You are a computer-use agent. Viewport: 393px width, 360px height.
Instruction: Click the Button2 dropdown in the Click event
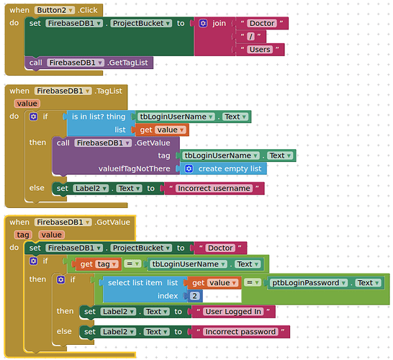coord(55,10)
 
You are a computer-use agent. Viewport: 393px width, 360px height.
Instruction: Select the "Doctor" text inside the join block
coord(262,23)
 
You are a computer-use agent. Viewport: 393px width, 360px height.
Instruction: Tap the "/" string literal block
coord(250,37)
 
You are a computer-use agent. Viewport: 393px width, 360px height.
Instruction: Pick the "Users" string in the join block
coord(260,50)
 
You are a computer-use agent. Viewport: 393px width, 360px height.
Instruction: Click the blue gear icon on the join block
coord(203,23)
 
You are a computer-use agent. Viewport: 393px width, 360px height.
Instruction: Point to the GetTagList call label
coord(128,63)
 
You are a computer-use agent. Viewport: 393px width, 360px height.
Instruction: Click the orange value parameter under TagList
coord(27,104)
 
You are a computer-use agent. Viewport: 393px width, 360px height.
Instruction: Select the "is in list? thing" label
coord(99,117)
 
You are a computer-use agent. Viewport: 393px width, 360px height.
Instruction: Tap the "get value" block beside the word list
coord(162,130)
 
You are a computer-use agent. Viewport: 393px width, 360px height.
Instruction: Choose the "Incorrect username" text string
coord(214,188)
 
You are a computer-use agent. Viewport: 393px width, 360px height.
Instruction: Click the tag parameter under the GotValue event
coord(23,235)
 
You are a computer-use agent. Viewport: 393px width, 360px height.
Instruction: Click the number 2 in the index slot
coord(194,296)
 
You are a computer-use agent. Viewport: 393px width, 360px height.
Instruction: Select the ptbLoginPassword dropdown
coord(309,283)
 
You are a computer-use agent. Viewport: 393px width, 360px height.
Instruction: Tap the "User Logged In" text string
coord(233,312)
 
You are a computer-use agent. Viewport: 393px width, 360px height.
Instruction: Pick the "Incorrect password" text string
coord(240,332)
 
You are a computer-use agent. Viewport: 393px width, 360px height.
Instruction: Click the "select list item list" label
coord(143,283)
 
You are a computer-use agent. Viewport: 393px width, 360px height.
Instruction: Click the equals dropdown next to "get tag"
coord(132,264)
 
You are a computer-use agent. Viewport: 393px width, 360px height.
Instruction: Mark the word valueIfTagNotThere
coord(134,168)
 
